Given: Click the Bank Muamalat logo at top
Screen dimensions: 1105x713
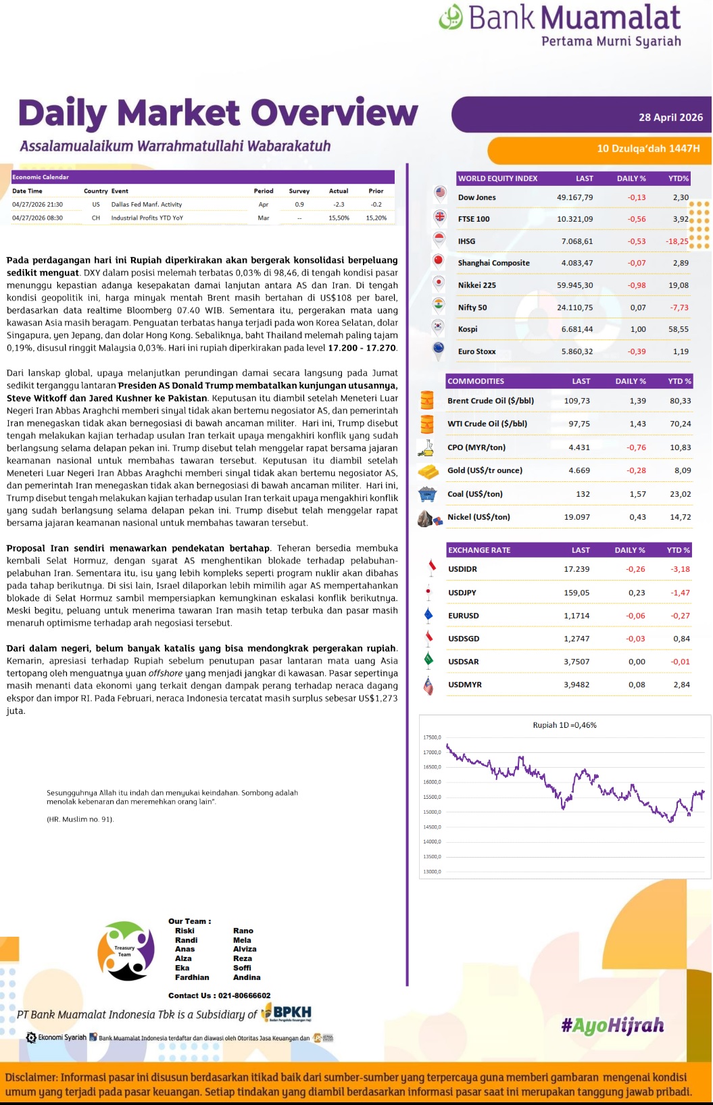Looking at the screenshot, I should (560, 26).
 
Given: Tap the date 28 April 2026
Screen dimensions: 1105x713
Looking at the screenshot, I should (670, 118).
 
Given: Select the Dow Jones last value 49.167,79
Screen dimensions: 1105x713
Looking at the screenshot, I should (574, 197).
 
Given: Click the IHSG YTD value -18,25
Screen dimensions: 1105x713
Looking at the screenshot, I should (677, 241).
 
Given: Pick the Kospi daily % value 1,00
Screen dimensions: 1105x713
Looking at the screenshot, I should (637, 329).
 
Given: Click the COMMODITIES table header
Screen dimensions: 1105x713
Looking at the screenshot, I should (476, 381).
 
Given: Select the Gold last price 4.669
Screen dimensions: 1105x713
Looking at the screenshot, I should (579, 470).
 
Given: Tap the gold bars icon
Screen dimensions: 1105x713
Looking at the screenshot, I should (428, 471).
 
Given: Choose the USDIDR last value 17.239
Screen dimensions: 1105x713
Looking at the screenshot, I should (576, 569).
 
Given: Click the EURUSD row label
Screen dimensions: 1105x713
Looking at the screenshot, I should (464, 616).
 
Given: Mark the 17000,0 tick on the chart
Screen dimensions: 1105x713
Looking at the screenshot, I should (432, 752).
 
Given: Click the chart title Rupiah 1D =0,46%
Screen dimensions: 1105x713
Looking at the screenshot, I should (564, 725).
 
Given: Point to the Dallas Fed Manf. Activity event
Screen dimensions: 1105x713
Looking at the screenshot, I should (147, 204).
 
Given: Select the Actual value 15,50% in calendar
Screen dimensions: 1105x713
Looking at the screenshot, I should (339, 218).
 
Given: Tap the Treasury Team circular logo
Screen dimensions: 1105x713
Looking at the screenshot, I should (126, 951).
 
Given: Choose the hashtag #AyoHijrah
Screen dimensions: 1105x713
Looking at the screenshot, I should (612, 1026).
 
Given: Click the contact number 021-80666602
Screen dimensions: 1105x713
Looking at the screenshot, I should (244, 996).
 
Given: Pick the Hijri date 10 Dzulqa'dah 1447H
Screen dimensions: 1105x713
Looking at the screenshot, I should (648, 149).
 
